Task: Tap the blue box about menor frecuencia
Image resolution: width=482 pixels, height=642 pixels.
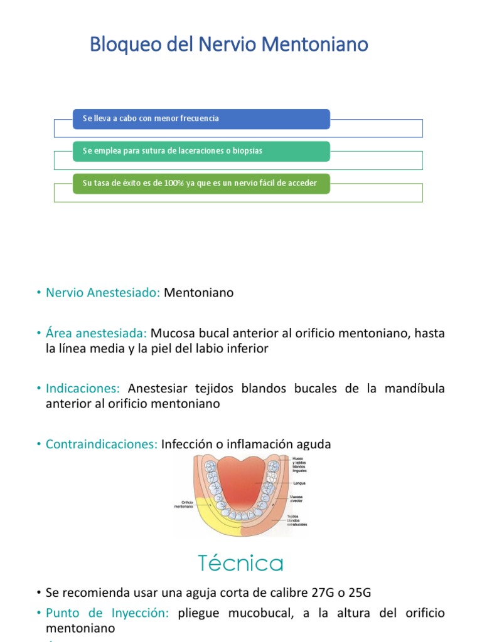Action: coord(201,118)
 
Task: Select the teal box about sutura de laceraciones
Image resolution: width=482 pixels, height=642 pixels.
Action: coord(201,151)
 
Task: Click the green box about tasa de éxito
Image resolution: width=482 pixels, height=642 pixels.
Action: coord(201,183)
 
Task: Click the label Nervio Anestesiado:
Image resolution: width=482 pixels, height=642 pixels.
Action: coord(103,293)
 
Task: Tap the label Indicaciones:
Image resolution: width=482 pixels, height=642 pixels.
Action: coord(83,389)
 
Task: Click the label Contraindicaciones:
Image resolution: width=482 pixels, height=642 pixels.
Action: coord(101,445)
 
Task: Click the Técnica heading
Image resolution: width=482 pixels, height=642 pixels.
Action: coord(241,562)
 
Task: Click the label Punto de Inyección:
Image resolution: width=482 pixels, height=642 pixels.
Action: coord(107,613)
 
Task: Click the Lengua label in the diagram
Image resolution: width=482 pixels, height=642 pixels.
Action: coord(298,483)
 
